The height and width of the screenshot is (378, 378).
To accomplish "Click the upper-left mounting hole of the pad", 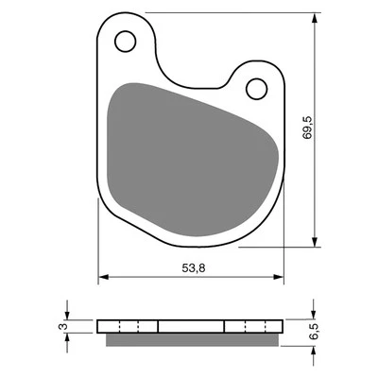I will (x=124, y=41).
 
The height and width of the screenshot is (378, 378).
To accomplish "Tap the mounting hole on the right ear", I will (x=256, y=88).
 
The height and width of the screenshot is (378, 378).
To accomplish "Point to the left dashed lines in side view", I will (x=129, y=326).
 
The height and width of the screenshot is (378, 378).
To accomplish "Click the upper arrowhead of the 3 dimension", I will (x=67, y=316).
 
